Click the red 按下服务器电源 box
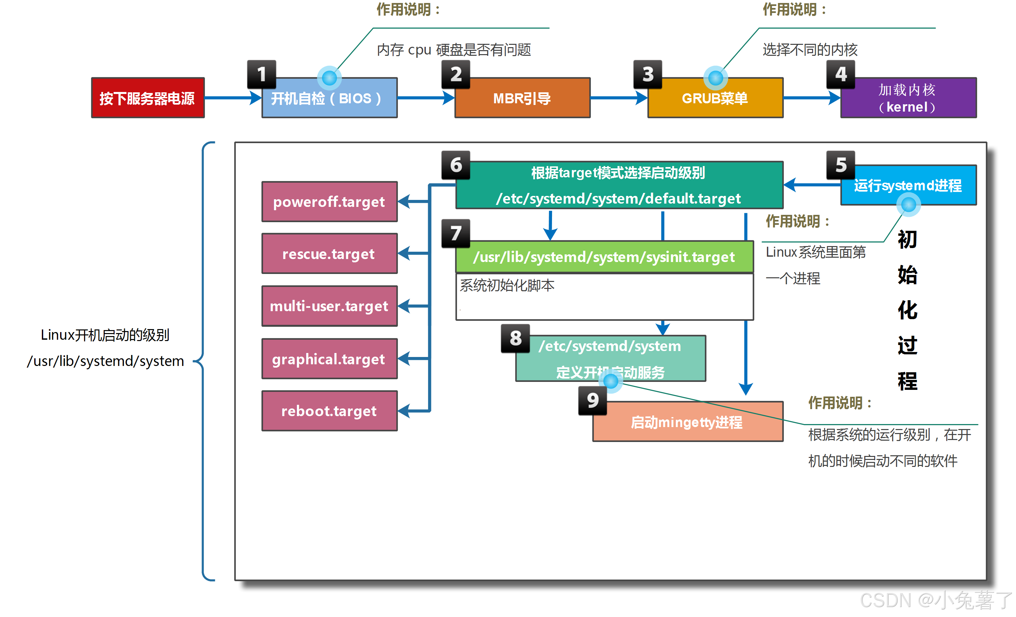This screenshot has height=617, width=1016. click(147, 98)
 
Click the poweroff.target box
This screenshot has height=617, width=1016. click(329, 202)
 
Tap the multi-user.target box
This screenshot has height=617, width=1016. click(329, 306)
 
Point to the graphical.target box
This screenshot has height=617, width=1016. click(329, 359)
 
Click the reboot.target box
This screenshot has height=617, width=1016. click(329, 411)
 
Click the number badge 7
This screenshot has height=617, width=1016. click(456, 233)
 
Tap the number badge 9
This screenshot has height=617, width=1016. click(593, 400)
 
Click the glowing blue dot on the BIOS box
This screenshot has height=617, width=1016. click(329, 77)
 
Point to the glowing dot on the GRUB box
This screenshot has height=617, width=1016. click(715, 77)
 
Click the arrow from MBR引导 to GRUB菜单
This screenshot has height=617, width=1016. click(618, 98)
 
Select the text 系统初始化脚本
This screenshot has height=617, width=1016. click(507, 285)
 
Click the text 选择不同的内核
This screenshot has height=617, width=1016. click(810, 50)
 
